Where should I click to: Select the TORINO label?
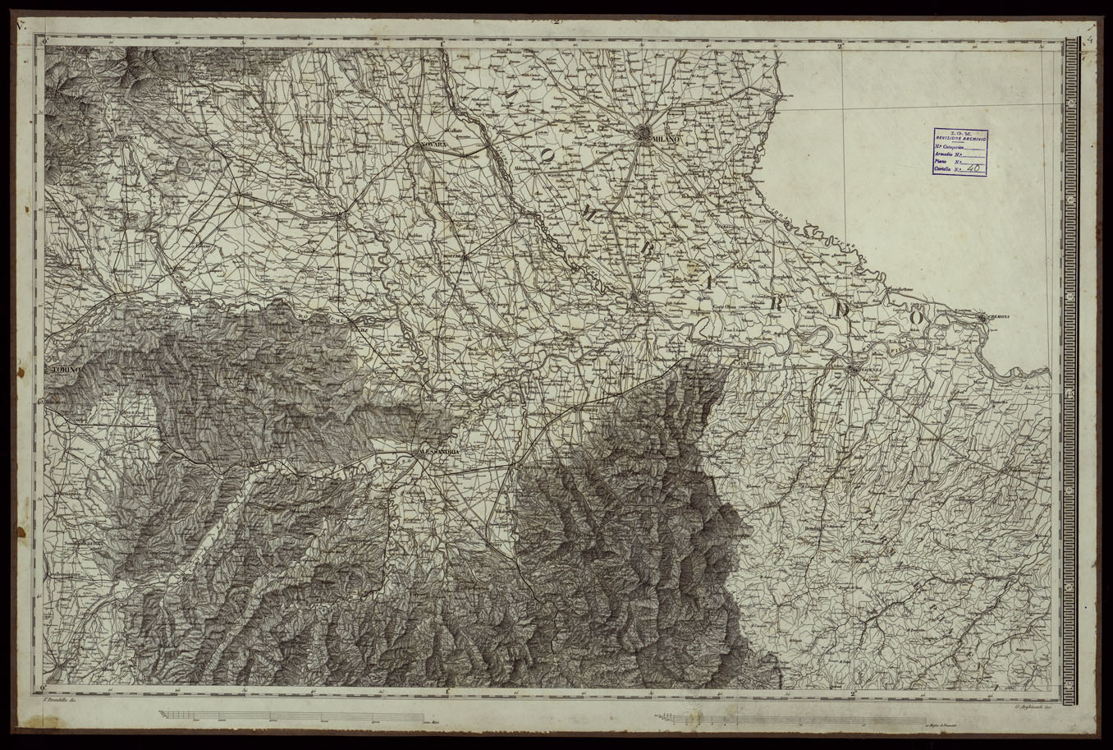tap(64, 371)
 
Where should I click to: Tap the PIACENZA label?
tap(867, 370)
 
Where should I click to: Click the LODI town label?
tap(765, 221)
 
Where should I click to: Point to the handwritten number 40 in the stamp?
tap(974, 169)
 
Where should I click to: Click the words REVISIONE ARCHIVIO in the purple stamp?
tap(960, 140)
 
